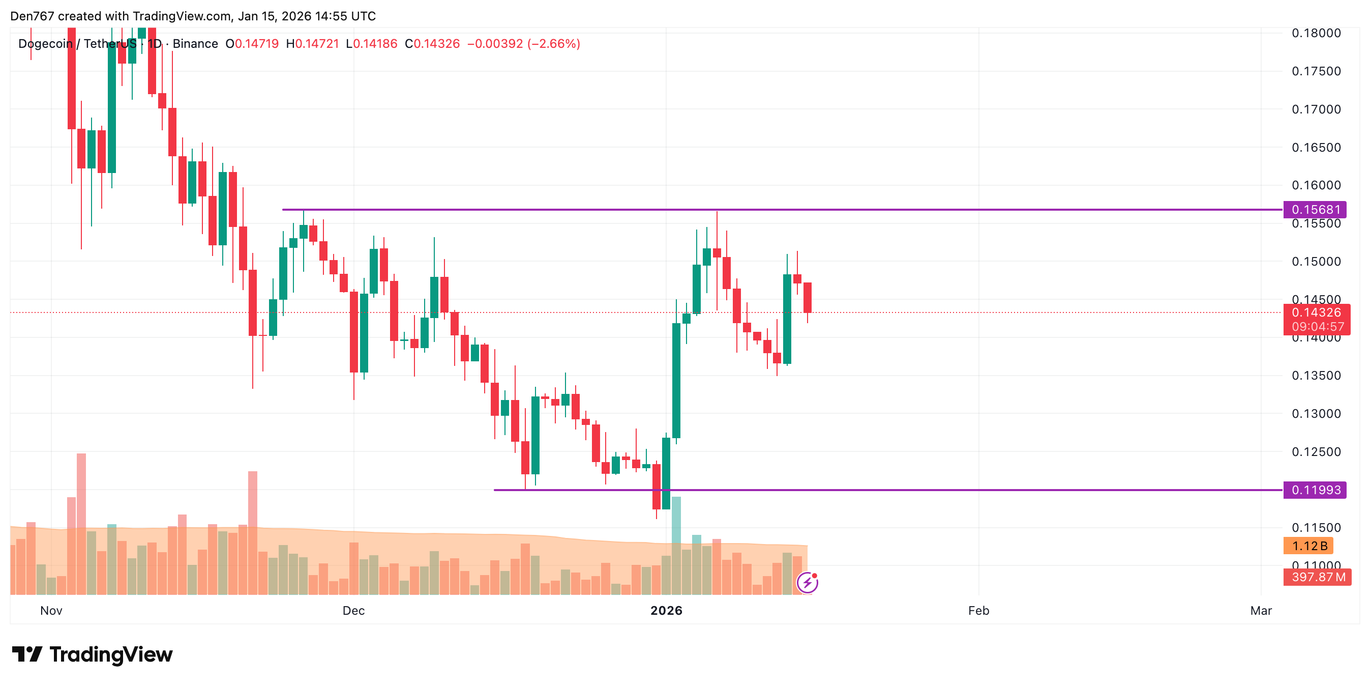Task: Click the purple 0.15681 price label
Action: click(1315, 209)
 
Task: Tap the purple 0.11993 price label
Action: click(1315, 490)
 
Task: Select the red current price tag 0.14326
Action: click(1316, 312)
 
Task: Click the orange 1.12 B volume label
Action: click(1308, 546)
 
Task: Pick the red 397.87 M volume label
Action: click(1317, 577)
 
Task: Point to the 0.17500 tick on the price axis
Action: click(1316, 71)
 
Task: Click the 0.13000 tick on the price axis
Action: click(1316, 414)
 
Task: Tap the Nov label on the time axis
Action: click(51, 611)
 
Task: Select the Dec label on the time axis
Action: click(353, 611)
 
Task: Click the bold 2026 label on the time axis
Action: click(666, 611)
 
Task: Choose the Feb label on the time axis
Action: click(978, 611)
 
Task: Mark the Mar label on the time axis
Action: click(1261, 611)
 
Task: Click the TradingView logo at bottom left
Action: click(93, 654)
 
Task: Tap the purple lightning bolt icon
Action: click(807, 583)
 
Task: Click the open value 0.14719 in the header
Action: click(257, 44)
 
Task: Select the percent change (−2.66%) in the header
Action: click(554, 44)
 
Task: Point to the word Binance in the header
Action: click(195, 44)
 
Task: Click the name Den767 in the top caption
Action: click(32, 16)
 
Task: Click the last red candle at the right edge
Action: click(808, 298)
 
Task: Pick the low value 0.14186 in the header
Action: click(375, 44)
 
